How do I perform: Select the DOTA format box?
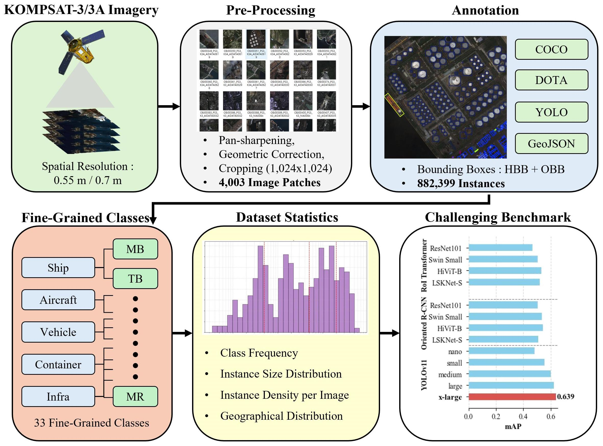551,80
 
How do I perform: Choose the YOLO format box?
551,112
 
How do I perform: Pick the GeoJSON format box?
551,144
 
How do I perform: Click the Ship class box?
58,268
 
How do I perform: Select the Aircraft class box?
58,300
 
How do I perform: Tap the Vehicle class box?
58,332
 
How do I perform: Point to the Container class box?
58,365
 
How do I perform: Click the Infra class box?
58,396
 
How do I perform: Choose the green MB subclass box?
135,249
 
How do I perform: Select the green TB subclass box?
135,279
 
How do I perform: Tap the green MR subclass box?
135,396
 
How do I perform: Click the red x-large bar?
512,396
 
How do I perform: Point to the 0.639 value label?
566,396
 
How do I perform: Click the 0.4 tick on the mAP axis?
523,417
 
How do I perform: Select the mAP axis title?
513,427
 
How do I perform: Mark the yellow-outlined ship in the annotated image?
394,105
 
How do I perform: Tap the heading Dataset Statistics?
287,217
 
